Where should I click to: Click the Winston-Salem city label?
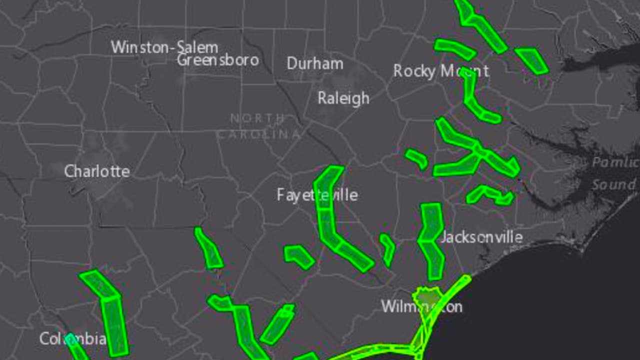[x=164, y=47]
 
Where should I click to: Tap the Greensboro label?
[x=218, y=60]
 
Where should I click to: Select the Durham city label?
[x=315, y=63]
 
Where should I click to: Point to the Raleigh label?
[x=343, y=98]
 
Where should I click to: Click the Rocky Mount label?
[x=440, y=71]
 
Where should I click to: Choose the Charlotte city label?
[x=97, y=171]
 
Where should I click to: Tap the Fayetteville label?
[x=317, y=194]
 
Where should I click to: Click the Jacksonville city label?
[x=481, y=237]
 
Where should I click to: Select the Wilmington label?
[x=421, y=306]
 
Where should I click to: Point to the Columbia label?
[x=72, y=339]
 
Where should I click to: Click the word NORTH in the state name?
[x=257, y=118]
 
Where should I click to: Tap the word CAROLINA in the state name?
[x=258, y=134]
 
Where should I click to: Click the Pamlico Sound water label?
[x=614, y=173]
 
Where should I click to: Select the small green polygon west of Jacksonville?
[x=387, y=248]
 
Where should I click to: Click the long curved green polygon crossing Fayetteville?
[x=330, y=220]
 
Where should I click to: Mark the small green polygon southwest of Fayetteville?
[x=298, y=255]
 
